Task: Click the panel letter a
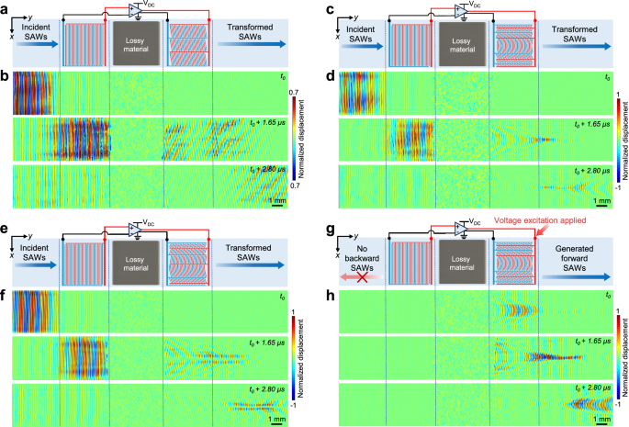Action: click(6, 7)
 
